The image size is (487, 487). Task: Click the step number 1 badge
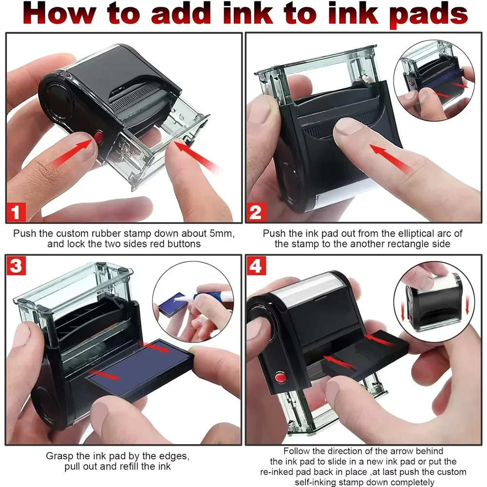click(17, 212)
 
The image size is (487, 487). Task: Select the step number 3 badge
click(17, 266)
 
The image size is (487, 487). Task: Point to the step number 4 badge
click(256, 266)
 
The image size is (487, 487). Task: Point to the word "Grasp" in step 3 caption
click(60, 456)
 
